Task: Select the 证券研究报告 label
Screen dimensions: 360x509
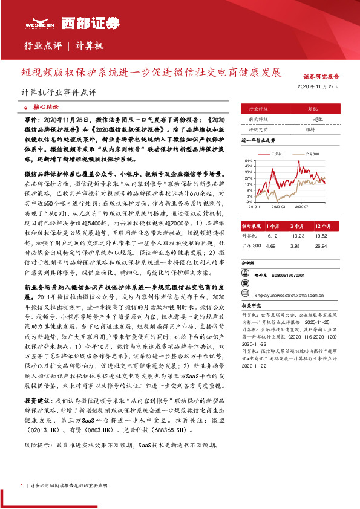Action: tap(321, 77)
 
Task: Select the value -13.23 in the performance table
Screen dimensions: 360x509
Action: tap(297, 236)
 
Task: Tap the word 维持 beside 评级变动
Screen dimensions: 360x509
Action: tap(310, 128)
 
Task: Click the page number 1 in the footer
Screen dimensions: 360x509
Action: tap(22, 485)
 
